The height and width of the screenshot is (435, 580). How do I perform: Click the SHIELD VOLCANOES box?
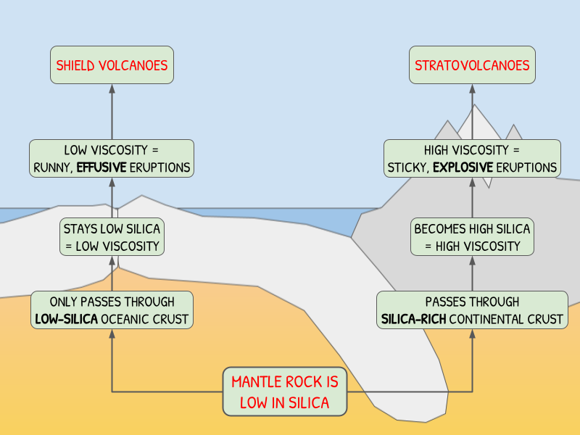tap(112, 65)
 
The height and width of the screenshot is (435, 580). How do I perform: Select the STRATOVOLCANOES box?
tap(472, 65)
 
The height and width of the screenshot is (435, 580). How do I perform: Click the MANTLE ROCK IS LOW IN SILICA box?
tap(285, 392)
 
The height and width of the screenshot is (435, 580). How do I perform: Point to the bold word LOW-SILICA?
tap(65, 319)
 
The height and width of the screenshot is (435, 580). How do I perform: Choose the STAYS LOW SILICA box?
tap(112, 237)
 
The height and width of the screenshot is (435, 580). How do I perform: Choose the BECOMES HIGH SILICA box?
tap(472, 237)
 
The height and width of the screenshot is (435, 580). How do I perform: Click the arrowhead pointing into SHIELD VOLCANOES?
tap(112, 89)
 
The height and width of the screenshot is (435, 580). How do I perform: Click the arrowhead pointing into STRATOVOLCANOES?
tap(472, 89)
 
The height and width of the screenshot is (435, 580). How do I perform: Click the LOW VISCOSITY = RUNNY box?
tap(112, 159)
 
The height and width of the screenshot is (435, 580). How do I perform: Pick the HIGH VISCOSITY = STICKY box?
tap(472, 159)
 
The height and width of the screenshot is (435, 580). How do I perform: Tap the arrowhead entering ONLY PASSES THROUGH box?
tap(112, 334)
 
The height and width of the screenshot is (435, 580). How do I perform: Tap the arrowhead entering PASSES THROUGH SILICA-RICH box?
tap(472, 334)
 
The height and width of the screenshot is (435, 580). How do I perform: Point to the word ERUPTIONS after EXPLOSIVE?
tap(526, 168)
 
